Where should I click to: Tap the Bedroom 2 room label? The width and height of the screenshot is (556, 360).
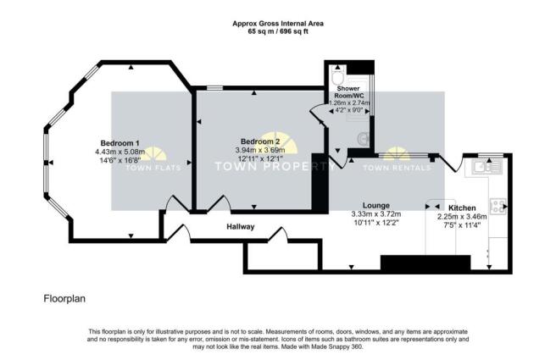click(x=259, y=141)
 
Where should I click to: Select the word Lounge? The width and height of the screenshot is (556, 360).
click(x=375, y=205)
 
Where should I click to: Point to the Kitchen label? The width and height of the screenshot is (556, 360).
click(x=463, y=208)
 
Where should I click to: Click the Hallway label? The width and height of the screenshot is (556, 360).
click(x=242, y=227)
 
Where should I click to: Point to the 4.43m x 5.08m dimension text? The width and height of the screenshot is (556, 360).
click(x=120, y=152)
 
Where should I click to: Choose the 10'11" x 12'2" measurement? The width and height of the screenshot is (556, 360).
click(x=375, y=224)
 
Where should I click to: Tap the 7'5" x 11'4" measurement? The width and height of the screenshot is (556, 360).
click(x=463, y=225)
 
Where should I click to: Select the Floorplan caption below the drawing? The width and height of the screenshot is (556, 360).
click(x=63, y=299)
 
